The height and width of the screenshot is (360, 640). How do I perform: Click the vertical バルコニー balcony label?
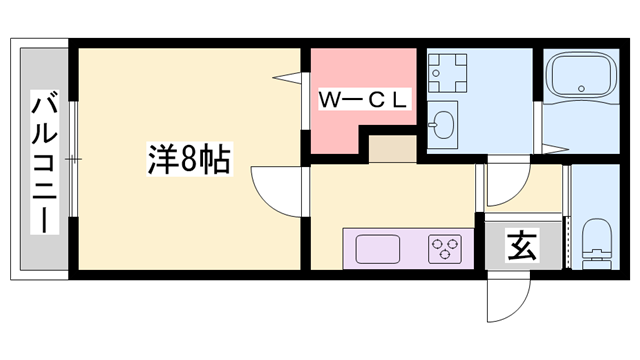44,161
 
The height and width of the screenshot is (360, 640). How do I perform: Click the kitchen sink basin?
377,248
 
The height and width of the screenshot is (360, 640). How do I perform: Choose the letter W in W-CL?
329,100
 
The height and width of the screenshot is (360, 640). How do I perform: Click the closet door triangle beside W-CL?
291,75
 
